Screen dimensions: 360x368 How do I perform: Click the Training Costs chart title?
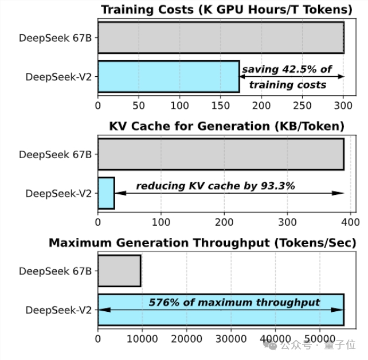click(226, 10)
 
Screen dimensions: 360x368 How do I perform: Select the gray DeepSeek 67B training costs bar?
click(221, 38)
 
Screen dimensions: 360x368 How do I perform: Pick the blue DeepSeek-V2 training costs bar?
click(169, 76)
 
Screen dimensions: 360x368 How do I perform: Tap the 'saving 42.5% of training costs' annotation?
click(287, 77)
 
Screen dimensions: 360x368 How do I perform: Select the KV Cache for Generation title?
click(226, 126)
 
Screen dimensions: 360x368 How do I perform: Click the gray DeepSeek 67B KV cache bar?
click(221, 154)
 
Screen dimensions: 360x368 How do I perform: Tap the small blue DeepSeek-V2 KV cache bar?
click(106, 193)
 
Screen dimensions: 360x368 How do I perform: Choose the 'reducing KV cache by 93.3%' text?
click(216, 186)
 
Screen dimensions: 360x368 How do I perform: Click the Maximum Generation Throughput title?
click(202, 243)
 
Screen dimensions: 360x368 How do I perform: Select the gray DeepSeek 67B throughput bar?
click(119, 271)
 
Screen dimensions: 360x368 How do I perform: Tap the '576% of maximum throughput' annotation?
click(234, 303)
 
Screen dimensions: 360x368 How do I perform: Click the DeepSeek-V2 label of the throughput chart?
click(58, 310)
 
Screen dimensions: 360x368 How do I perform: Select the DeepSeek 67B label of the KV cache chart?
click(55, 155)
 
